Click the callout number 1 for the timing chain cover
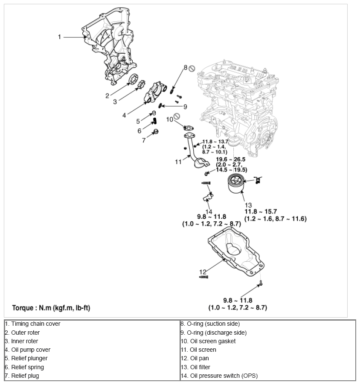click(60, 37)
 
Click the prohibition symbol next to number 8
click(192, 68)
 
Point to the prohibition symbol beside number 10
click(177, 116)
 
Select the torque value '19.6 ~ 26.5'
click(233, 159)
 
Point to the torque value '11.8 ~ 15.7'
click(261, 211)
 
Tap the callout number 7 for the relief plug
click(144, 140)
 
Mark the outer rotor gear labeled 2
click(134, 81)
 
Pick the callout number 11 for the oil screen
click(178, 162)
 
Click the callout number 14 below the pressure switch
click(209, 211)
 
